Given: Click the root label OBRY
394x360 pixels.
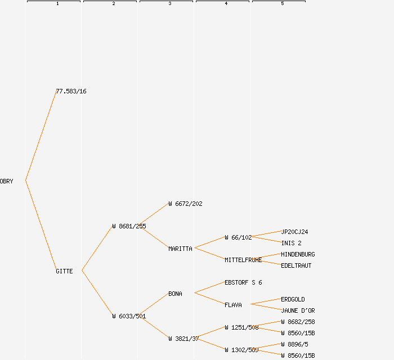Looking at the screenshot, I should (6, 181).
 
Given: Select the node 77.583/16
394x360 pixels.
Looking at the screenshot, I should (71, 91).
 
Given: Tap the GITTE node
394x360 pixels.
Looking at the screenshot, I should (64, 271).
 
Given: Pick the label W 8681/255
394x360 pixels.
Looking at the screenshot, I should (129, 226).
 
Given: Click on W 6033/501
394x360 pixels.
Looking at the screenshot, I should (129, 316).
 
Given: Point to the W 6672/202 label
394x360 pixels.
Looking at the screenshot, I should (185, 204).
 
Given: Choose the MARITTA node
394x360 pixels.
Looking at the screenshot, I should (180, 249).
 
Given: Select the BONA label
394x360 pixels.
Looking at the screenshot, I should (175, 294).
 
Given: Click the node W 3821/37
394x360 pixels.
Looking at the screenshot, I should (183, 339).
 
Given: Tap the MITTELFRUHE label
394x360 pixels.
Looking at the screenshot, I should (243, 260).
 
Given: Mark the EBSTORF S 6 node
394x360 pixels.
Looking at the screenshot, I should (243, 282).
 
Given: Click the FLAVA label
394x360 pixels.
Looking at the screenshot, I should (233, 305).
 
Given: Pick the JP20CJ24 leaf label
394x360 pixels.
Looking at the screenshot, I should (294, 232).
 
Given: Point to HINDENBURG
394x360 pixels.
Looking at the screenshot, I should (298, 254).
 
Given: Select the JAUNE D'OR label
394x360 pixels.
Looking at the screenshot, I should (298, 310).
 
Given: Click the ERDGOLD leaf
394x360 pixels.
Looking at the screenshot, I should (293, 299).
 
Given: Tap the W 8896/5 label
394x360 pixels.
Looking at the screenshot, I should (294, 344).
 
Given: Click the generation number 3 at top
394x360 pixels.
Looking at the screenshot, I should (169, 4).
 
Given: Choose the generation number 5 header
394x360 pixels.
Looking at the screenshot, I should (282, 4).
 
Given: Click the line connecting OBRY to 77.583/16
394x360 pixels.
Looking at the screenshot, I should (41, 136).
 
